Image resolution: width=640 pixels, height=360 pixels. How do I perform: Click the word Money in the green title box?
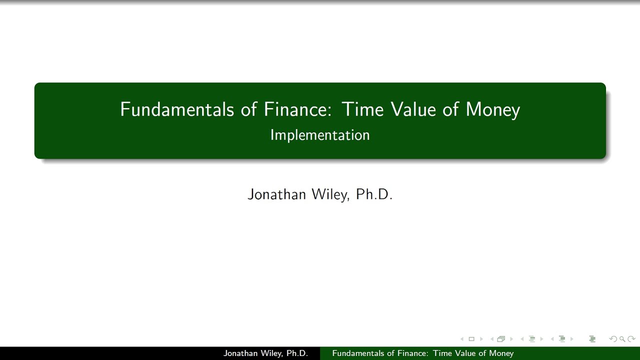(492, 109)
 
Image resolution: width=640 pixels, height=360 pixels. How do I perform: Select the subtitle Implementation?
(320, 135)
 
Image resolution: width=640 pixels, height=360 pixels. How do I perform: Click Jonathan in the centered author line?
(276, 194)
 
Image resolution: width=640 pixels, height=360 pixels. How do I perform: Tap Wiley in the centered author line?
(330, 194)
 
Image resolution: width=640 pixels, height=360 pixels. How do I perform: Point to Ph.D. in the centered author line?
(374, 194)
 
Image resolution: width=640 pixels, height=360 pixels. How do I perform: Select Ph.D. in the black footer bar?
(297, 353)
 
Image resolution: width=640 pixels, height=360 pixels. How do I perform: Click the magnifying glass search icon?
(622, 339)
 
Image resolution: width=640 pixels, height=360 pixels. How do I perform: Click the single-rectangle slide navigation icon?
(471, 339)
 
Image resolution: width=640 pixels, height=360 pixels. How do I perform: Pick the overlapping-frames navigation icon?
(501, 339)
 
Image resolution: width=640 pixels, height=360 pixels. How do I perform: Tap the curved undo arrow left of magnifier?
(613, 339)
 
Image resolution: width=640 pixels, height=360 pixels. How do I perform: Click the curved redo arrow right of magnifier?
(631, 339)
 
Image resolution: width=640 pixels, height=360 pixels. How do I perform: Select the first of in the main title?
(248, 109)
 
